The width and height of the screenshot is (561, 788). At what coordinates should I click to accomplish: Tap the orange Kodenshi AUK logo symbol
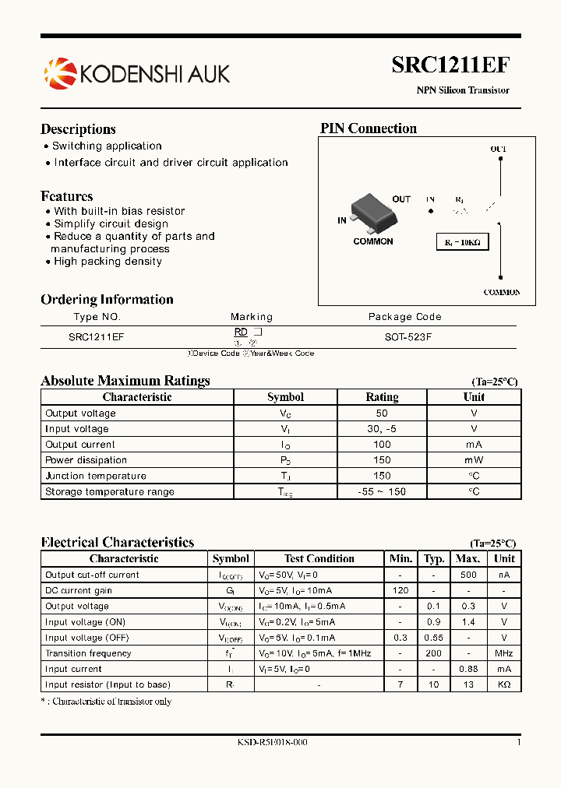coord(60,72)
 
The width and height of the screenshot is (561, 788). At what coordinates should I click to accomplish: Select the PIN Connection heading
coord(369,128)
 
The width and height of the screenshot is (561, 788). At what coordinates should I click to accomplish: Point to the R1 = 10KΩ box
coord(463,242)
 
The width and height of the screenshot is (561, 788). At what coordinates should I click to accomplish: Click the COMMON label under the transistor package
coord(373,241)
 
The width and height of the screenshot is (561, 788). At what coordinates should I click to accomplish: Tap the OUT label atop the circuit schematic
coord(498,149)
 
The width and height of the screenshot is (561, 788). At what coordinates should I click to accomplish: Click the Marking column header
coord(252,317)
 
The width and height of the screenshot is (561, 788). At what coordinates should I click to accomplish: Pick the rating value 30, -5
coord(382,429)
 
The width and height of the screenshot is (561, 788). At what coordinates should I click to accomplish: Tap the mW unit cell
coord(474,460)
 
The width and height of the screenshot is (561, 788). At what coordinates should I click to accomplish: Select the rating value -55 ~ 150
coord(382,491)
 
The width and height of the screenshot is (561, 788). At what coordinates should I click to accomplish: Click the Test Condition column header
coord(319,558)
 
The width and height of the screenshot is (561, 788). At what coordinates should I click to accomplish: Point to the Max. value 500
coord(467,575)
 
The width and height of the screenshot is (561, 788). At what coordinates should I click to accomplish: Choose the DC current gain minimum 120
coord(400,590)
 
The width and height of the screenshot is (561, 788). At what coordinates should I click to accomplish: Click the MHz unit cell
coord(504,653)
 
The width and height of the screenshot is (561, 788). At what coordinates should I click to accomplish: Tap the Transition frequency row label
coord(88,653)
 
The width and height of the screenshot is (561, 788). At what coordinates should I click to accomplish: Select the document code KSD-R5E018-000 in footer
coord(272,743)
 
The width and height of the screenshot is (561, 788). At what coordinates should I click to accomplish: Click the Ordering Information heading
coord(107,300)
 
